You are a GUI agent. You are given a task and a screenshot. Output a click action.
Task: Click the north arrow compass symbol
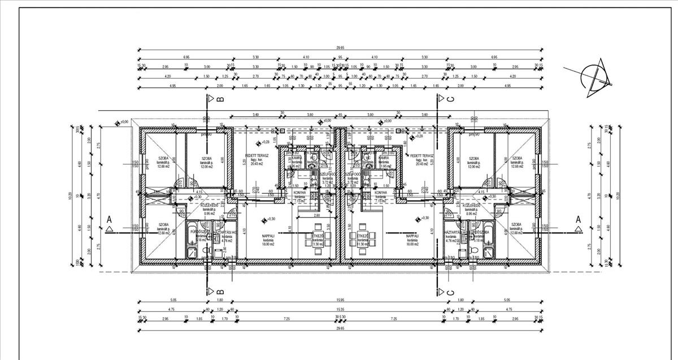coord(591,76)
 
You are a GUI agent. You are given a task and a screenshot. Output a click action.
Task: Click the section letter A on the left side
coord(107,219)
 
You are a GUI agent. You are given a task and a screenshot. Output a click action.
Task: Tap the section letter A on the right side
coord(578,219)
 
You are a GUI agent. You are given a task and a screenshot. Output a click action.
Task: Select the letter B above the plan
coord(220,99)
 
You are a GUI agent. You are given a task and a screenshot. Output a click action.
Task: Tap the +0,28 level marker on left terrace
coord(265,142)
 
